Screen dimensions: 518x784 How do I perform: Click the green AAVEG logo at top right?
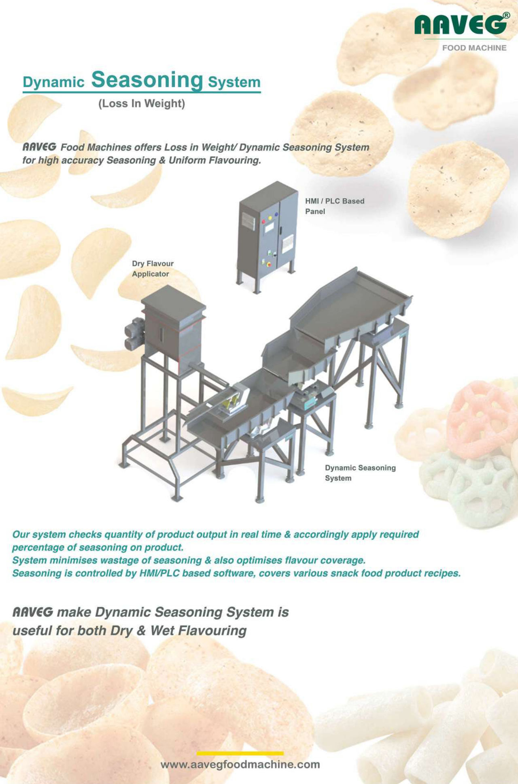(x=460, y=25)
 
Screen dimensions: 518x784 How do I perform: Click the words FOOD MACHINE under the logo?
(x=474, y=48)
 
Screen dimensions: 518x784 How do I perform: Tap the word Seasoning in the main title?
(x=147, y=80)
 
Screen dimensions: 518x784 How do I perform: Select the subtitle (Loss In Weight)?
(x=142, y=104)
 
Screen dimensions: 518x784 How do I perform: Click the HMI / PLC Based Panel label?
(x=335, y=206)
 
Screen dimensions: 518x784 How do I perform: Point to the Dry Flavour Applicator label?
(x=153, y=268)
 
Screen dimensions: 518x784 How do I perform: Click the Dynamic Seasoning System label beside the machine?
(x=360, y=473)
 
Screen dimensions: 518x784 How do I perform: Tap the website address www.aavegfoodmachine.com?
(x=240, y=765)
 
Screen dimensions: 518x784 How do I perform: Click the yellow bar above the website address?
(x=240, y=753)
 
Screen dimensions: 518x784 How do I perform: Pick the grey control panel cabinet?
(x=267, y=235)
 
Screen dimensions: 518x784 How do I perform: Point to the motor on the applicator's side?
(x=135, y=334)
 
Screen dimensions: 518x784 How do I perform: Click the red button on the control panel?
(x=263, y=222)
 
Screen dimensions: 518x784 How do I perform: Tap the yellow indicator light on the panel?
(x=270, y=218)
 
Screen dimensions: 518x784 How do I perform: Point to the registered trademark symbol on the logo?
(x=506, y=15)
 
